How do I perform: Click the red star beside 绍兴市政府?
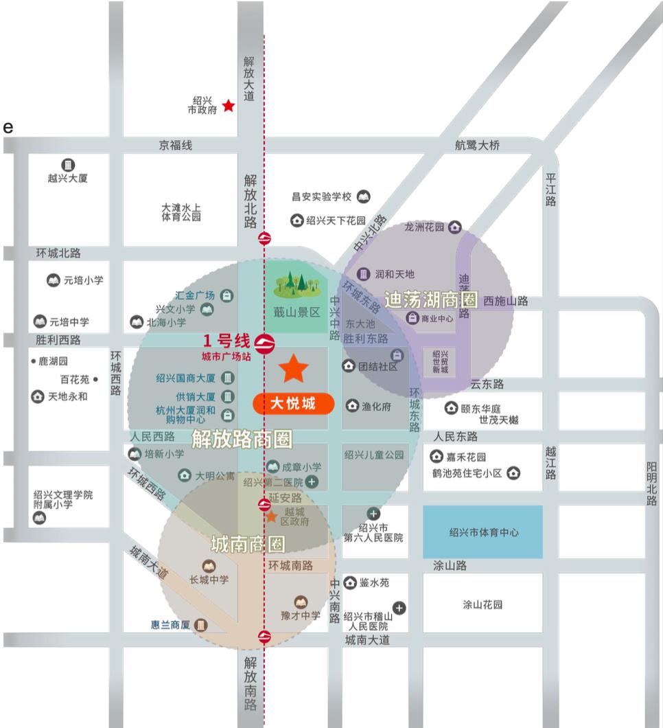click(228, 106)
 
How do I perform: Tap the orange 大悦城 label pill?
click(293, 404)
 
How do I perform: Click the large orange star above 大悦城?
click(294, 369)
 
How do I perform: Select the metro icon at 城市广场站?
click(264, 341)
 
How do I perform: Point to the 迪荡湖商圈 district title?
click(431, 300)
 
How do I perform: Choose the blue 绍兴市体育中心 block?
click(482, 532)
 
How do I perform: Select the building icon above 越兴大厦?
click(68, 165)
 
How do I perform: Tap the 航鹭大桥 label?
click(478, 146)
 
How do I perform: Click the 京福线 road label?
click(176, 146)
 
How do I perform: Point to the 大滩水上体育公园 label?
click(181, 212)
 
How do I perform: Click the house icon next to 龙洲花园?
click(454, 227)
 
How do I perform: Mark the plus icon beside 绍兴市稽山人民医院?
click(399, 608)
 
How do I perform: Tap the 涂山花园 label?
click(482, 605)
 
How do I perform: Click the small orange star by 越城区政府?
click(272, 516)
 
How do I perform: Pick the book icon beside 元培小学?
click(53, 280)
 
